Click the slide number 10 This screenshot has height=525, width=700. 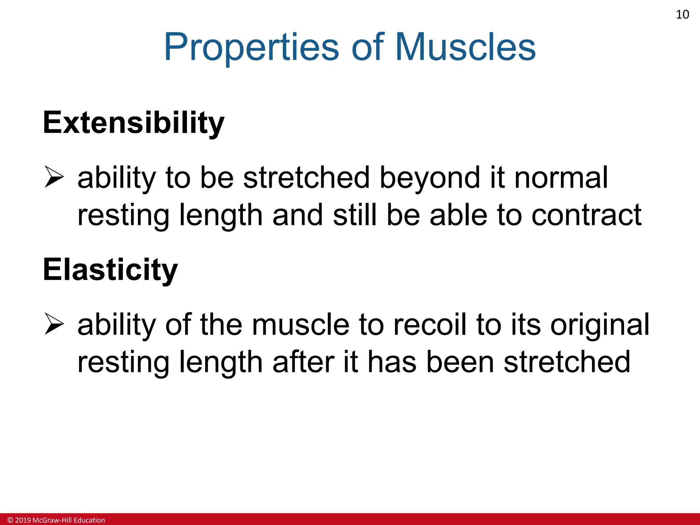682,15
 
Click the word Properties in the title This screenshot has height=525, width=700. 252,48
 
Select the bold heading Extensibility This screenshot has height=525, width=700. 134,123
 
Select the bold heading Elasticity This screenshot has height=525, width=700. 110,270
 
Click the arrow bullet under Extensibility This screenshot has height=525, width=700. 54,177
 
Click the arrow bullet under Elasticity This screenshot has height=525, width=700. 54,324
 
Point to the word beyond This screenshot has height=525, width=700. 430,178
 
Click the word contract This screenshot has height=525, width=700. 586,215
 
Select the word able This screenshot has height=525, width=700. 458,215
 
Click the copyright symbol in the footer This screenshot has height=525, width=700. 10,520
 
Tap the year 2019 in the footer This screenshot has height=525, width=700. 23,520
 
